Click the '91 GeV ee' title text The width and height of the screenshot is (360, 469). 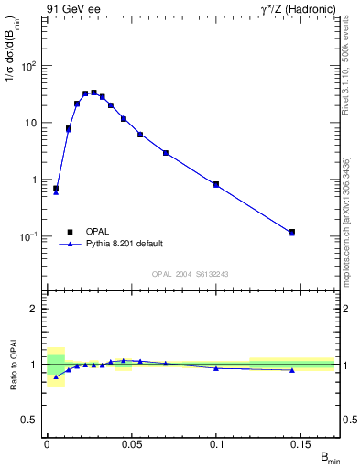point(72,8)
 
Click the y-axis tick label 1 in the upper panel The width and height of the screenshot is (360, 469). point(34,180)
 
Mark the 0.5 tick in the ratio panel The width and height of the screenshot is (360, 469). point(30,420)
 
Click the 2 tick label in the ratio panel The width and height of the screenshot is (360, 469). point(34,309)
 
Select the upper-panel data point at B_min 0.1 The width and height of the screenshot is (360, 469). point(216,184)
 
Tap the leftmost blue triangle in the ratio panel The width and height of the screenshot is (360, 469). point(56,376)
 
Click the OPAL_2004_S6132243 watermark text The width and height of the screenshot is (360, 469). point(191,274)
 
